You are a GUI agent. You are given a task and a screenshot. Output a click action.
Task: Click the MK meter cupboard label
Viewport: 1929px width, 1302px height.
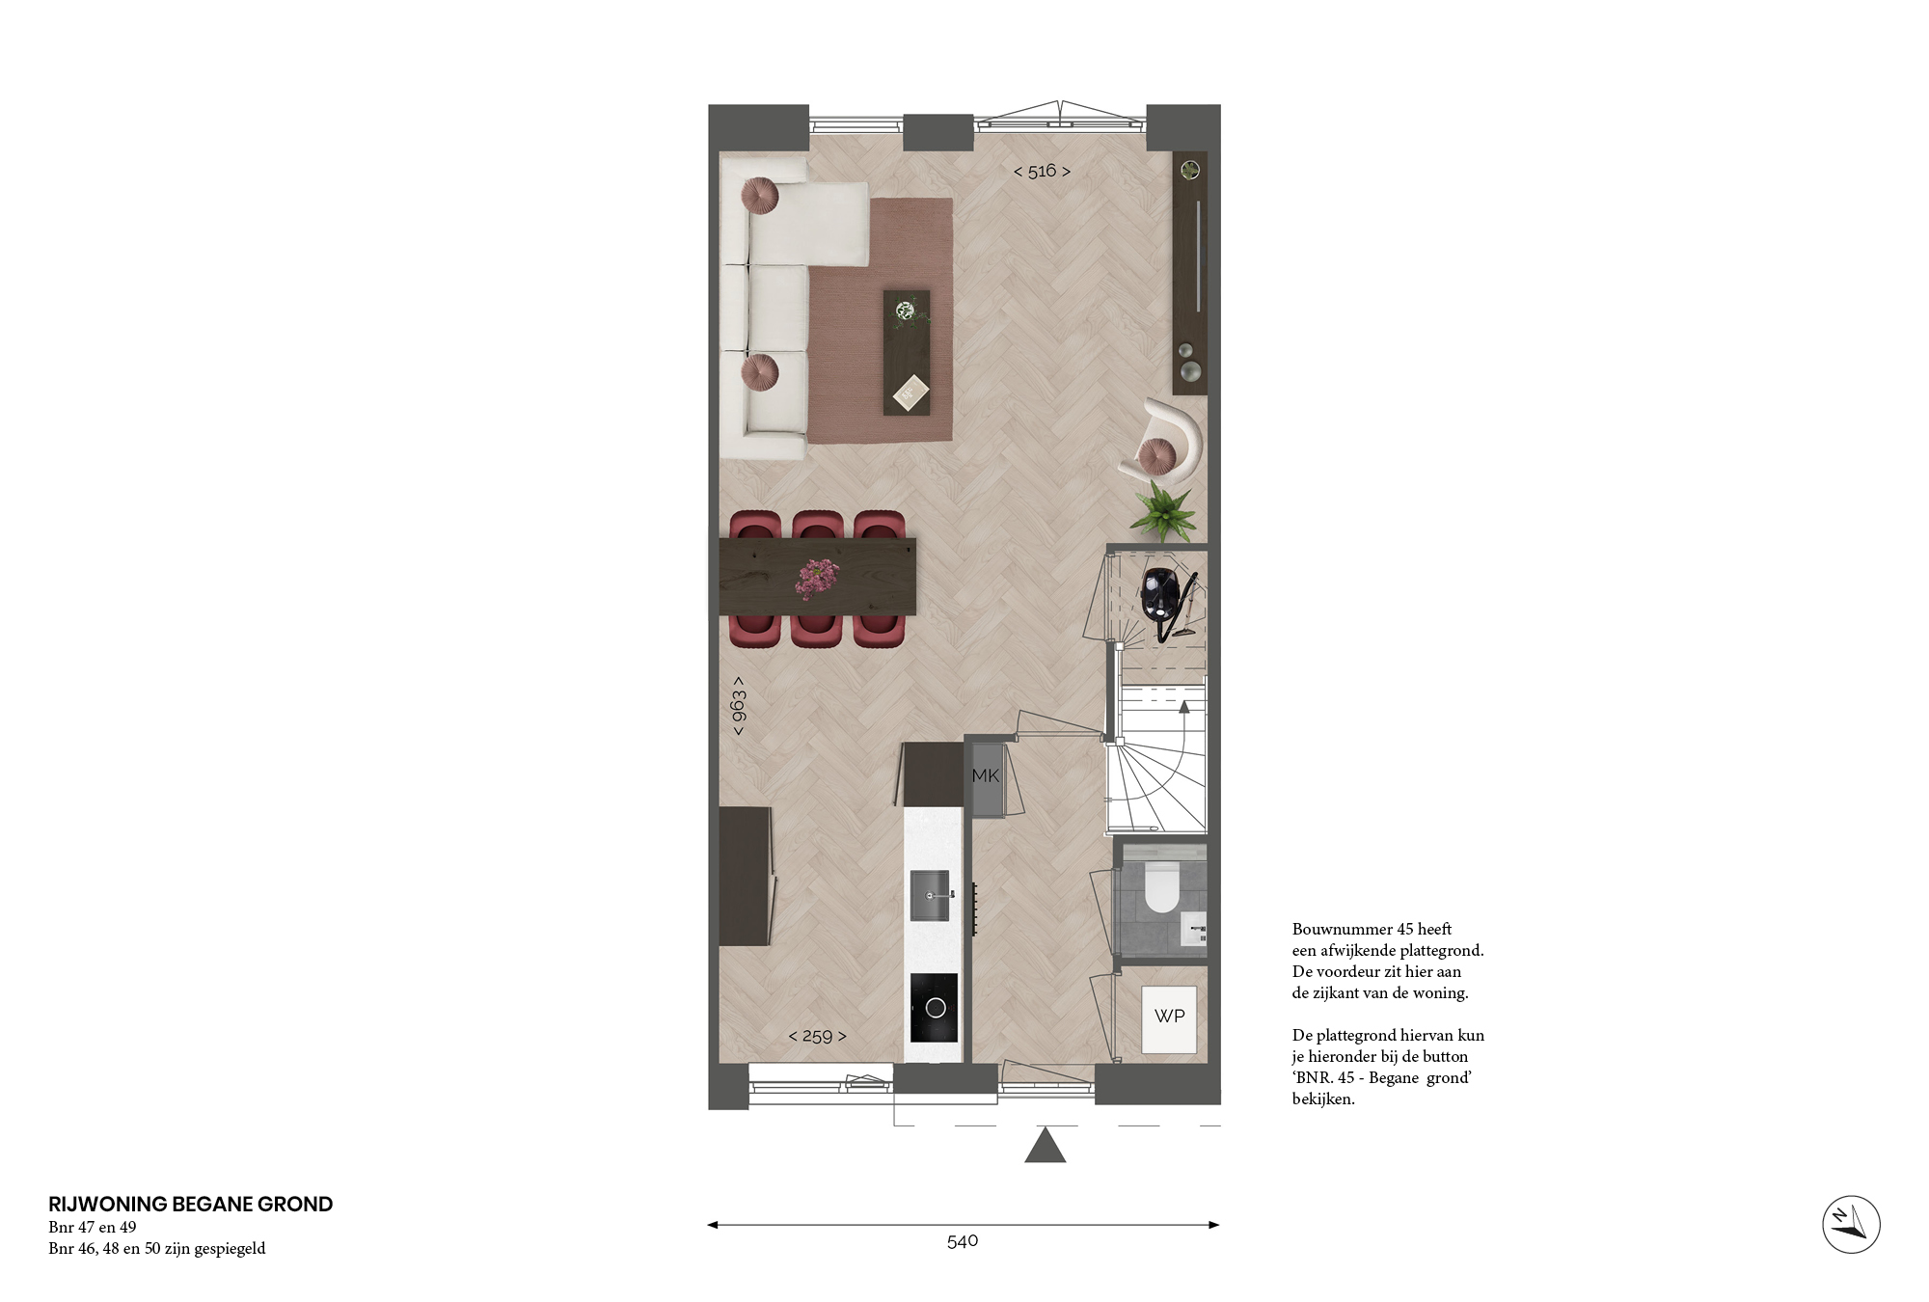[986, 775]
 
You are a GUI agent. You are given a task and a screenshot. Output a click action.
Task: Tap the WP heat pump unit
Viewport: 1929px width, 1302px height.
[1169, 1018]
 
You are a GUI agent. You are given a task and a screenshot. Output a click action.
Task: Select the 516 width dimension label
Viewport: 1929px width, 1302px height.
[1042, 171]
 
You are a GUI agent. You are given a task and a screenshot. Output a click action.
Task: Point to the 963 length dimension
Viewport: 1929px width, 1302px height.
[739, 706]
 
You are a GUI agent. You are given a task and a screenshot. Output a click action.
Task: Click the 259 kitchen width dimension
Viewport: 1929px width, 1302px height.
[817, 1036]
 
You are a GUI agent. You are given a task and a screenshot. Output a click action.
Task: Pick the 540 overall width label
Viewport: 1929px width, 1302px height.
[963, 1241]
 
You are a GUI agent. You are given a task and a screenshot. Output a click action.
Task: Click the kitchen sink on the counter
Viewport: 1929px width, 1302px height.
[930, 895]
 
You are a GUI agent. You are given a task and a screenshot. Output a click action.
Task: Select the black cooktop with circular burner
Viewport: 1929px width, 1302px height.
[935, 1008]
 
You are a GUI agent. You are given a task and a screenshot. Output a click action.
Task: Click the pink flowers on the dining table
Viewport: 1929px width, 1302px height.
[817, 578]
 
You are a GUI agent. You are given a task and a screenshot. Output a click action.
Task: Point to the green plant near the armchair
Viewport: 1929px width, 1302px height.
[1163, 509]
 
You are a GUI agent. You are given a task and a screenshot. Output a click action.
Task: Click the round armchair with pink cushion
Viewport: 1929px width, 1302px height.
[1162, 442]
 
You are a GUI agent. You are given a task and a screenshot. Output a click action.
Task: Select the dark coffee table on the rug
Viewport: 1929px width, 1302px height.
[907, 353]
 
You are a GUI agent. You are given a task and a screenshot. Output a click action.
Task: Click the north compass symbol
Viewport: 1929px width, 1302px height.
[1851, 1224]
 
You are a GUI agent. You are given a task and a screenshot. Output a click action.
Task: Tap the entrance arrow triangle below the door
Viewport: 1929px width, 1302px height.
[1045, 1146]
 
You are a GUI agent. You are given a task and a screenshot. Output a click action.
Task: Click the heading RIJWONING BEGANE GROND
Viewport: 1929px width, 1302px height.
[190, 1204]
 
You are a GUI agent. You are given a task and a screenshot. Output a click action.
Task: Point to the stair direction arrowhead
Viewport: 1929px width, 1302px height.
[1184, 707]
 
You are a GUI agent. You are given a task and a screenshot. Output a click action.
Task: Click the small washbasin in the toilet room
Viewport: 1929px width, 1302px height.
[1194, 928]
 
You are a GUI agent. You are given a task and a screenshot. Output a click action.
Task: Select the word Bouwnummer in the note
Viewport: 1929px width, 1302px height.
[1343, 929]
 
